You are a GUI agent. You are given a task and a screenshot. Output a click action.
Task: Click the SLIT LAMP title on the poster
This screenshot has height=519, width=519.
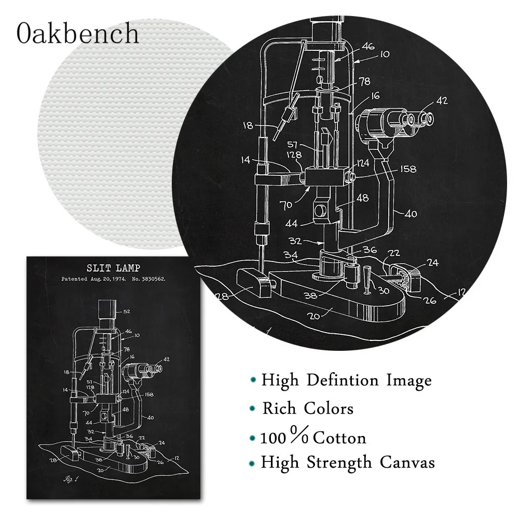pos(112,268)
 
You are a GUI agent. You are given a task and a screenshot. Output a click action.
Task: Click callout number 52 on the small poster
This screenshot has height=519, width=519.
pos(127,311)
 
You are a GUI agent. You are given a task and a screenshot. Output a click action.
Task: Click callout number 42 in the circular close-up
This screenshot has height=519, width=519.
pos(442,101)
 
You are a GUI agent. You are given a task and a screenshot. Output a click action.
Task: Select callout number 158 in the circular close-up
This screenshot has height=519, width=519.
pos(408,169)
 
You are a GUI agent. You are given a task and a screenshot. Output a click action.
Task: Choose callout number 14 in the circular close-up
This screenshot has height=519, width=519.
pos(245,160)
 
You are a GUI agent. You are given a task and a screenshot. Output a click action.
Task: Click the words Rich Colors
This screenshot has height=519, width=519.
pos(308,408)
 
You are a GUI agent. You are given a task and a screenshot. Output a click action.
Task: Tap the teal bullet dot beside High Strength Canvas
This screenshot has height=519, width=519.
pos(252,463)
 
